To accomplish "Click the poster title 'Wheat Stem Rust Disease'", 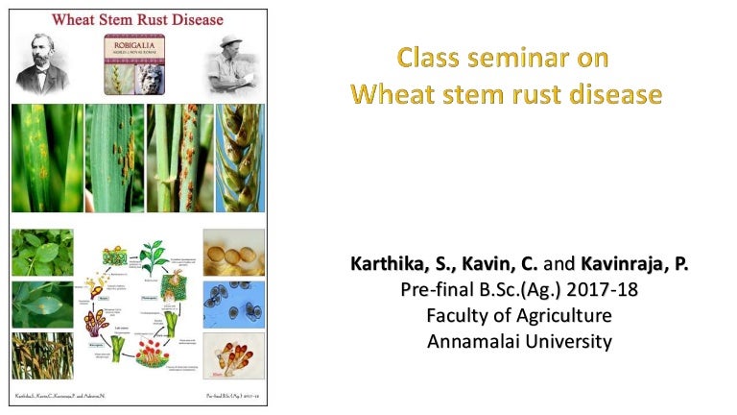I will pos(137,19).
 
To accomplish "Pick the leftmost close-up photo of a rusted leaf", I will pos(46,158).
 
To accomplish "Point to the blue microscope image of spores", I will pos(233,305).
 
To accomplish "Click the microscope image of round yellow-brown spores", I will pos(233,253).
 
